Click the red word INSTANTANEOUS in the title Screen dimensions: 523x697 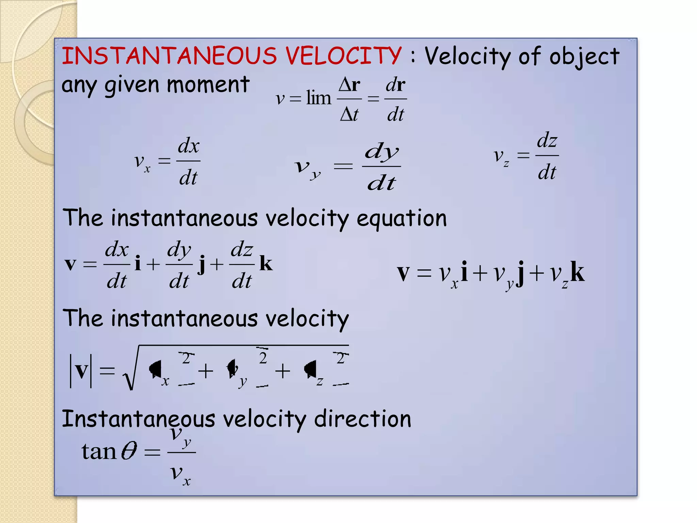[x=169, y=56]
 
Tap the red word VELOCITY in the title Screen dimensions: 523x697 [x=343, y=56]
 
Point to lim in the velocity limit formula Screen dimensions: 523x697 [x=318, y=98]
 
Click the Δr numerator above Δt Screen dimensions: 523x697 [x=350, y=84]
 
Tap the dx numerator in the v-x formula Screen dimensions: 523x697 [x=189, y=146]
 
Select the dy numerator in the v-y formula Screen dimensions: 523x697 [x=382, y=152]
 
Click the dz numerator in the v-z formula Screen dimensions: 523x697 [x=547, y=141]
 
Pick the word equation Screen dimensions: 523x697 [x=401, y=219]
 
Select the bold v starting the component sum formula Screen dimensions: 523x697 [x=403, y=273]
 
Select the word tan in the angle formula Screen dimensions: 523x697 [x=99, y=451]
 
